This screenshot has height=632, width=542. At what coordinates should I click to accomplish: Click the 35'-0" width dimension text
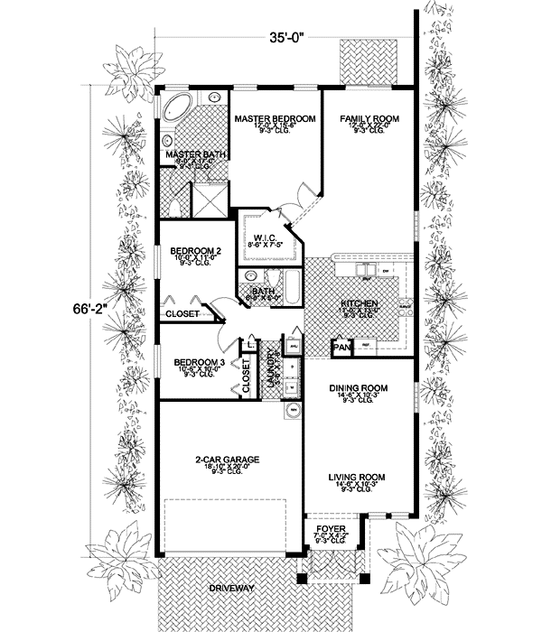[286, 38]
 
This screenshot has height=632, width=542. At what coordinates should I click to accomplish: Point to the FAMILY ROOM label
[368, 119]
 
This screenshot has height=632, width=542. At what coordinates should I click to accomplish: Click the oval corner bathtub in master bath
[177, 109]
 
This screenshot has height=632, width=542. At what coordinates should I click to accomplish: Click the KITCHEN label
[359, 304]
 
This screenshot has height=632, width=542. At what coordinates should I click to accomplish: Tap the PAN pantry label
[342, 346]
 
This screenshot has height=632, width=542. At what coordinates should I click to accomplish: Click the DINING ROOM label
[360, 387]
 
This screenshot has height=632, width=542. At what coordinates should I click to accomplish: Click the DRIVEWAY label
[230, 588]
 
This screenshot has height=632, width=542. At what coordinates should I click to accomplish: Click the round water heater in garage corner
[293, 411]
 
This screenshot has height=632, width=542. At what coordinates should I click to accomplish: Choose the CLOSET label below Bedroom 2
[183, 314]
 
